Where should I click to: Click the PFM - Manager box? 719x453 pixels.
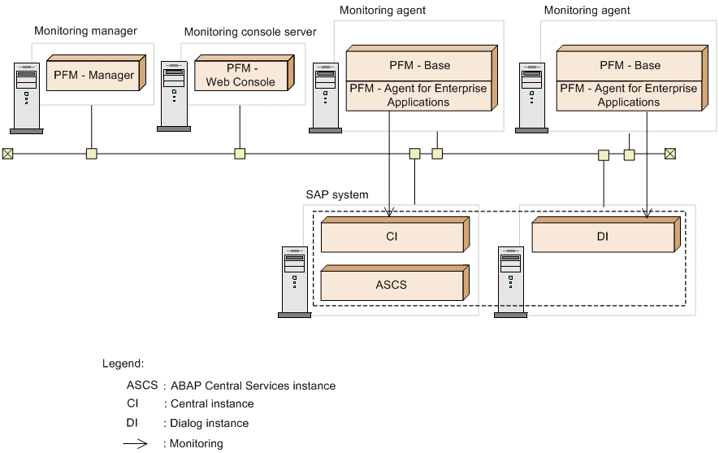(x=93, y=75)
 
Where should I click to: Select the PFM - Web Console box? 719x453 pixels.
(x=240, y=75)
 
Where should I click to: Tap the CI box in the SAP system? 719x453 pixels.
(x=392, y=237)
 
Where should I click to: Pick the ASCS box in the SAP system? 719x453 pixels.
(x=391, y=285)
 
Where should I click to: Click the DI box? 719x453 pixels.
(x=602, y=237)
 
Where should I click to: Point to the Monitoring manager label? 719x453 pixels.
(x=85, y=31)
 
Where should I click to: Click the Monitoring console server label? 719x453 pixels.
(x=250, y=32)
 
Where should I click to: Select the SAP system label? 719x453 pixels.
(x=336, y=195)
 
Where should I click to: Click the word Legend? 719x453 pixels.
(x=123, y=363)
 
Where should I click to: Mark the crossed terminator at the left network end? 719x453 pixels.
(x=7, y=153)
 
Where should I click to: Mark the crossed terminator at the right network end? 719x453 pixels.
(x=670, y=153)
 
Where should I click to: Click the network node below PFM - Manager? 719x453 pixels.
(x=92, y=153)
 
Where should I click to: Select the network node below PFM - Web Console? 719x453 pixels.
(x=240, y=153)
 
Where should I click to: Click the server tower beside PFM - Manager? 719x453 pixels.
(x=27, y=96)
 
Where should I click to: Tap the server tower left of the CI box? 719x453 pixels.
(x=294, y=281)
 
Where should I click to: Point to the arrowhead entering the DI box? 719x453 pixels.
(x=647, y=214)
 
